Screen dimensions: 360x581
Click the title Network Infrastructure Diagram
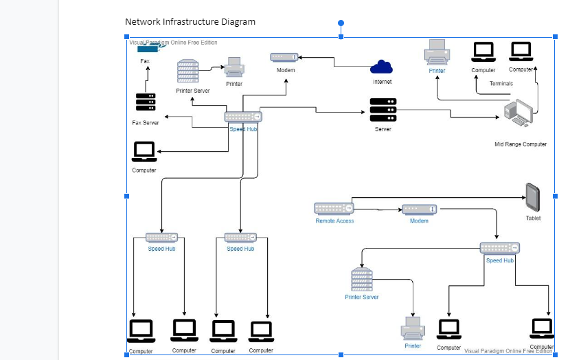[x=190, y=22]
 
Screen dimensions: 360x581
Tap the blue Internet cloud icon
[x=381, y=67]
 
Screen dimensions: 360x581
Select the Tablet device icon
[x=533, y=197]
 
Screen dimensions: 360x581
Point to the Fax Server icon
[x=145, y=102]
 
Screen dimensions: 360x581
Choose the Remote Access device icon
[x=334, y=207]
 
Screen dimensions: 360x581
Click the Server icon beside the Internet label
[x=383, y=110]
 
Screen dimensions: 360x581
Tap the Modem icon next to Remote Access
[x=419, y=208]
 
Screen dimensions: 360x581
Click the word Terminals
[x=501, y=84]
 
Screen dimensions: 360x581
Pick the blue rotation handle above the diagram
[x=341, y=23]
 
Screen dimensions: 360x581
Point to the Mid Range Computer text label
[x=521, y=144]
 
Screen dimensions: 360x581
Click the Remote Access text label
[x=334, y=221]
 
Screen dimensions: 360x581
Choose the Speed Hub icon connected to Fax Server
[x=243, y=117]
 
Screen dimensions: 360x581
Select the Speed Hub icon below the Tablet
[x=499, y=247]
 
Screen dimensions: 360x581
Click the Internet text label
[x=383, y=82]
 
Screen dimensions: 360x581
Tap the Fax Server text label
[x=146, y=123]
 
